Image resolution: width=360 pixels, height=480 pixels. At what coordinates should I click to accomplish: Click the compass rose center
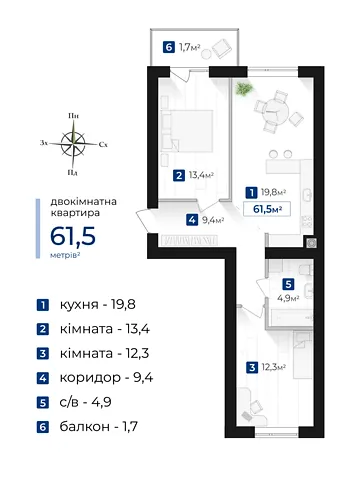tap(73, 144)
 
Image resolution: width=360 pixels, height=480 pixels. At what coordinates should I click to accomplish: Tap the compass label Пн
tap(73, 116)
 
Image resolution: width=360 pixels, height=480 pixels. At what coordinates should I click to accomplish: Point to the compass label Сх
tap(103, 145)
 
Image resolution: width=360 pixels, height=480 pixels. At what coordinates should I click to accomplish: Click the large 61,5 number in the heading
tap(73, 236)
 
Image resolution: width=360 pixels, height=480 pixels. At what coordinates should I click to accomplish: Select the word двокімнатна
tap(83, 202)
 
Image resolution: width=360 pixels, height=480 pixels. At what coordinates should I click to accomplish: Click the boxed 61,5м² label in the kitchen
tap(267, 209)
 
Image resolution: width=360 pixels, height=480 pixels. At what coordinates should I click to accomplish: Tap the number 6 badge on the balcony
tap(169, 47)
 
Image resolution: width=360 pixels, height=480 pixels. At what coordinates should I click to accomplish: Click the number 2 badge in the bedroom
tap(179, 175)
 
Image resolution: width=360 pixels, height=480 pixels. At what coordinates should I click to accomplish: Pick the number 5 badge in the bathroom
tap(288, 284)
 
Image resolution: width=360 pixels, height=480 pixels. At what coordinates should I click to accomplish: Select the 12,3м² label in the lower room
tap(274, 368)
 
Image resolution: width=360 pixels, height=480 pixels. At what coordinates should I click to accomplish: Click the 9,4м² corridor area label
tap(213, 220)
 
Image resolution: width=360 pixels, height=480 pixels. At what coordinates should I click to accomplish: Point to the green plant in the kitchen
tap(244, 89)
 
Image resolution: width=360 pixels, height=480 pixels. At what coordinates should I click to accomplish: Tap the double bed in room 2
tap(187, 131)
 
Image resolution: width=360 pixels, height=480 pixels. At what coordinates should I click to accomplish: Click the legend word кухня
tap(79, 305)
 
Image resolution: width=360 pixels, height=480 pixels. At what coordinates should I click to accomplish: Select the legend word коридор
tap(90, 378)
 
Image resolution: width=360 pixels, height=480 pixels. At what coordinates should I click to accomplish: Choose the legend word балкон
tap(85, 426)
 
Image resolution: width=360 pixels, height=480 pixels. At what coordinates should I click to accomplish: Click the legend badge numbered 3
tap(43, 354)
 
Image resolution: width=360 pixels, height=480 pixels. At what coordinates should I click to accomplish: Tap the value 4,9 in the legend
tap(102, 402)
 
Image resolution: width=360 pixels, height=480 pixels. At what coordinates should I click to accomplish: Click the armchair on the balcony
tap(222, 48)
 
